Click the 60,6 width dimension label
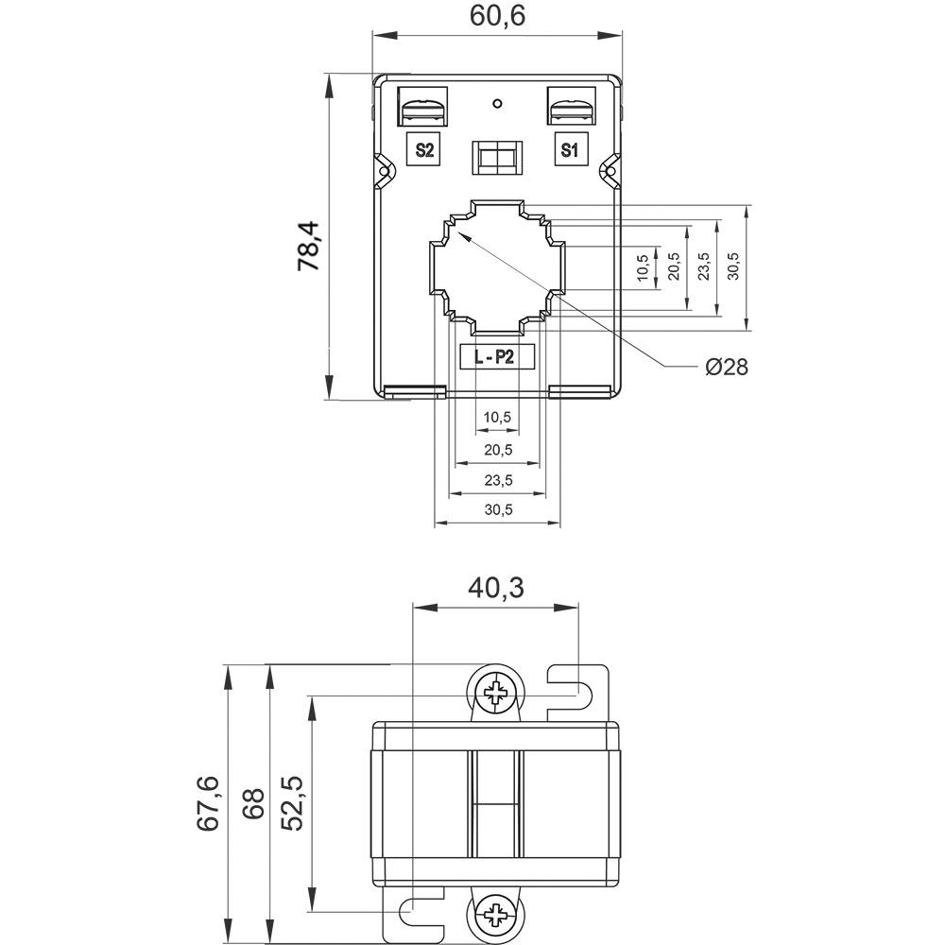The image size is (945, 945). pyautogui.click(x=497, y=16)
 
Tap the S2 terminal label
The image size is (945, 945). pyautogui.click(x=424, y=150)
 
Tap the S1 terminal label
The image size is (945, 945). pyautogui.click(x=569, y=150)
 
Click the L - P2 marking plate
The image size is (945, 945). pyautogui.click(x=497, y=357)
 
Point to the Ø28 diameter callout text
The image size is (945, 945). pyautogui.click(x=726, y=367)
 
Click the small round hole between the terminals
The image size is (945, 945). pyautogui.click(x=497, y=103)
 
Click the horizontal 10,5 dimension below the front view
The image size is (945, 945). pyautogui.click(x=497, y=417)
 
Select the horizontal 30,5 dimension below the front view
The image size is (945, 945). pyautogui.click(x=497, y=509)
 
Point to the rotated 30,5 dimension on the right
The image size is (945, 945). pyautogui.click(x=733, y=267)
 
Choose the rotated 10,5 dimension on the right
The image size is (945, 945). pyautogui.click(x=643, y=267)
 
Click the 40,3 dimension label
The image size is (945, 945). pyautogui.click(x=496, y=588)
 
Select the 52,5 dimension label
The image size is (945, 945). pyautogui.click(x=293, y=803)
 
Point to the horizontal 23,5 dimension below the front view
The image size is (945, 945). pyautogui.click(x=497, y=480)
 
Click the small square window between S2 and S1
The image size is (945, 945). pyautogui.click(x=496, y=157)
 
